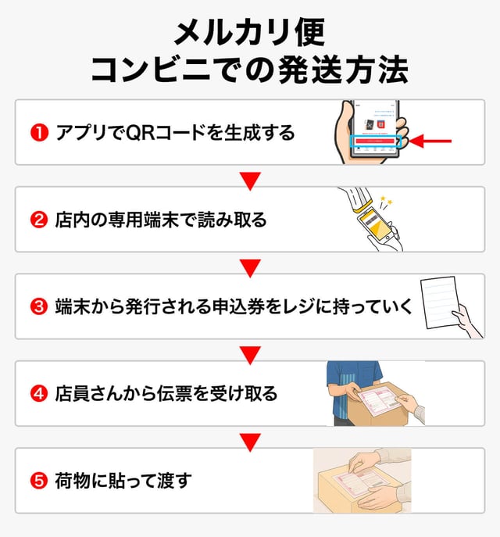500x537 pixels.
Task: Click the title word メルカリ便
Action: coord(249,32)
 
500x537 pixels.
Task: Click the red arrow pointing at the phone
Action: coord(431,141)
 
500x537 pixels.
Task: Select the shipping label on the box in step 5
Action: coord(356,482)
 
